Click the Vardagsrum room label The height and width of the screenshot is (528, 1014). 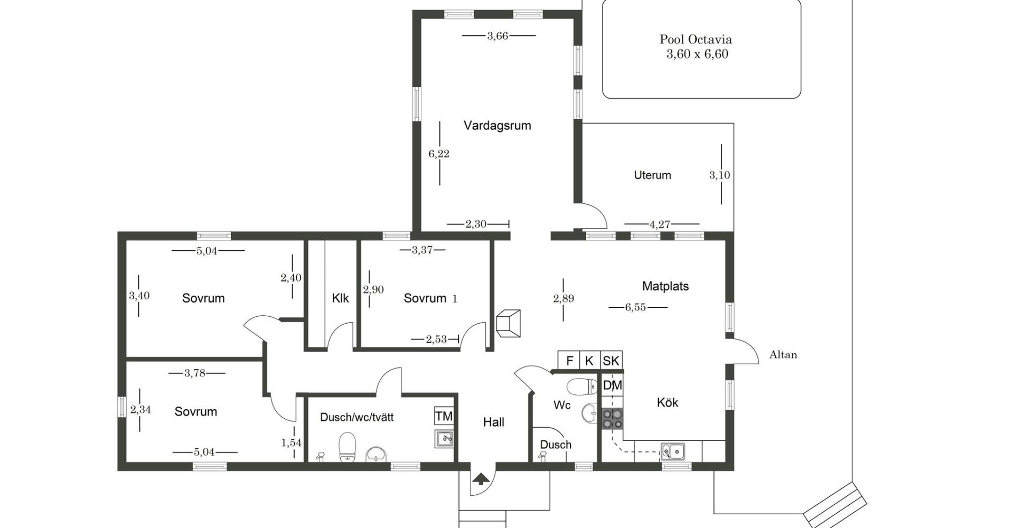[x=497, y=126]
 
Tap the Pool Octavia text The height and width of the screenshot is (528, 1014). [x=696, y=39]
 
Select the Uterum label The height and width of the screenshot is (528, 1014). [x=652, y=175]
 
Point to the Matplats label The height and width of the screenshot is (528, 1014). [x=665, y=286]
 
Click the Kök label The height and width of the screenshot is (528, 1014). [x=668, y=402]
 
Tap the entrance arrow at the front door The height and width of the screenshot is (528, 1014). [x=481, y=479]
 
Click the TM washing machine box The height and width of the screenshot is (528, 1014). [x=444, y=416]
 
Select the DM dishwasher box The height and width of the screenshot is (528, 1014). [x=612, y=385]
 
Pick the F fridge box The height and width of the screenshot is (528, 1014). [x=569, y=361]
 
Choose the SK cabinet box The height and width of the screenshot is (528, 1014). [x=611, y=361]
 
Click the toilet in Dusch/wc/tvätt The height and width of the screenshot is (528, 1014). [x=347, y=447]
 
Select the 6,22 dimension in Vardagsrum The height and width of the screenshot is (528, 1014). [x=439, y=154]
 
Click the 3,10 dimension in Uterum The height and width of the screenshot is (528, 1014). [x=719, y=175]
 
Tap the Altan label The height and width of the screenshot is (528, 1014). [x=783, y=355]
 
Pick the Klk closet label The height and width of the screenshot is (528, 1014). [x=340, y=298]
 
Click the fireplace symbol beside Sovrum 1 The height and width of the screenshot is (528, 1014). [x=508, y=323]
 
